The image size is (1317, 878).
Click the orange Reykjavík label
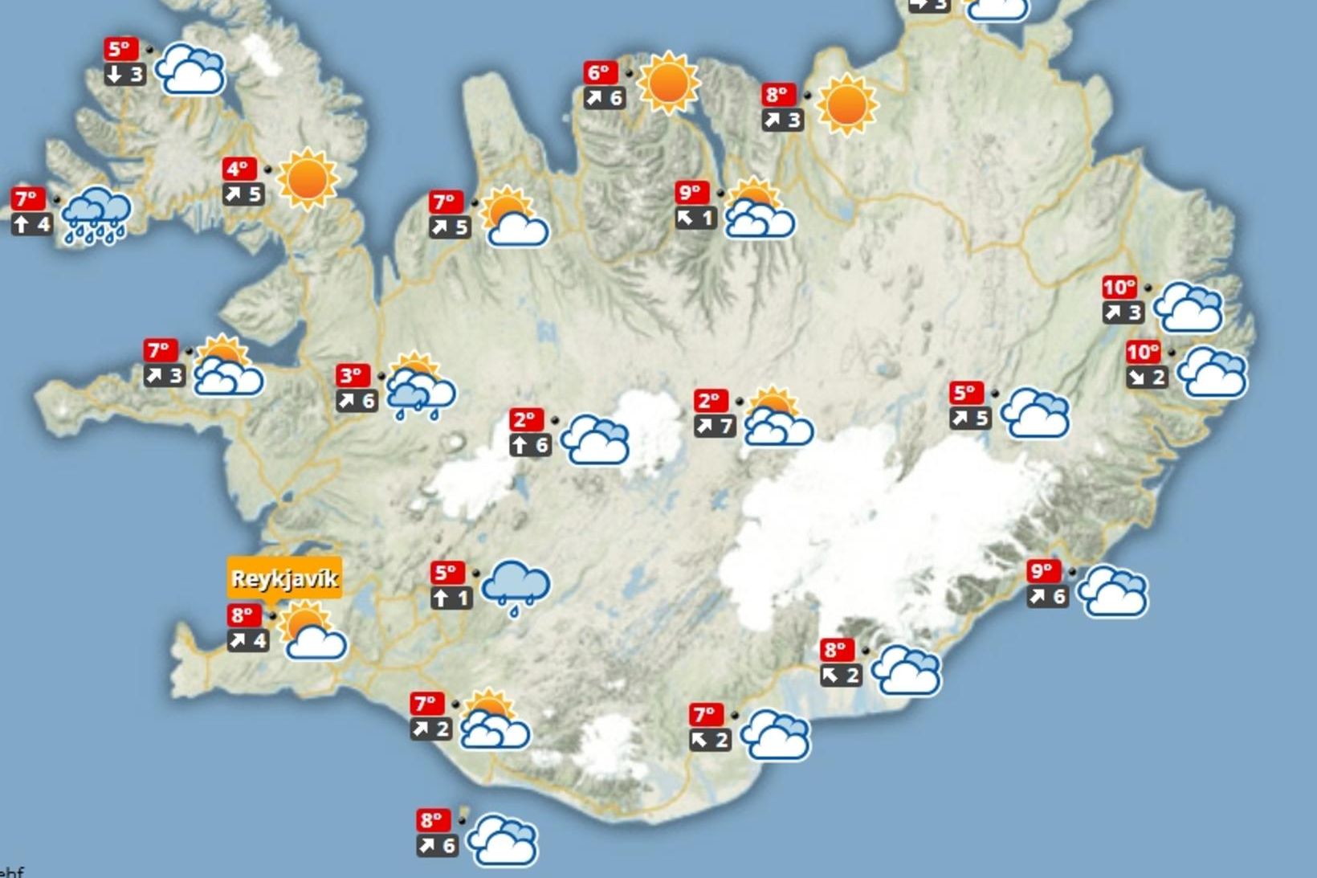pos(284,578)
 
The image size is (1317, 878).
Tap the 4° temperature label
pos(239,169)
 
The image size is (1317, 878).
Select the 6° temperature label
pos(600,73)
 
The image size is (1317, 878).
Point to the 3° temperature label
pos(352,375)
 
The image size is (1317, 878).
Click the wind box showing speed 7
pos(715,426)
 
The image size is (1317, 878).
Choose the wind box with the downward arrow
pos(125,75)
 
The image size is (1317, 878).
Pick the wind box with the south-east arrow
pos(1146,377)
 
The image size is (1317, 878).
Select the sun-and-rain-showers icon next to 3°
pos(419,386)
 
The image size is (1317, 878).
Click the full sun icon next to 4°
pos(307,178)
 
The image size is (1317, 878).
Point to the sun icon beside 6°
pos(668,83)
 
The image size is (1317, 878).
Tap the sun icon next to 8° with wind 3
pos(846,104)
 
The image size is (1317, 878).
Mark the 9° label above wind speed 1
pos(691,193)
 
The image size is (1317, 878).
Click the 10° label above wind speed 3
pos(1119,287)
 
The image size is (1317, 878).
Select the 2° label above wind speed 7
pos(711,401)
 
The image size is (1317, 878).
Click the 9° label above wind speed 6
pos(1042,571)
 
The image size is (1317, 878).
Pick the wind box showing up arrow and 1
pos(451,598)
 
